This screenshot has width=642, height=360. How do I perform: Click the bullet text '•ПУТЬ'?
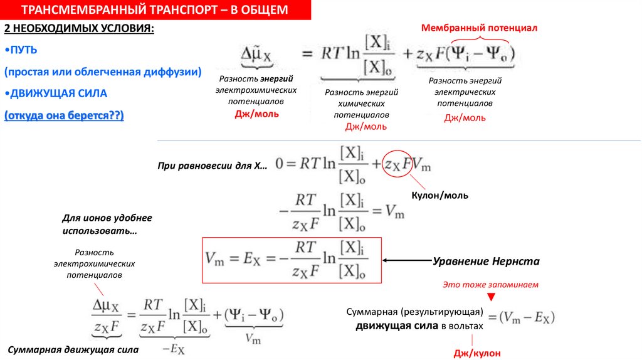pos(21,50)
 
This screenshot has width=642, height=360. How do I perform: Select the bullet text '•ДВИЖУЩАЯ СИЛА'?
pos(56,93)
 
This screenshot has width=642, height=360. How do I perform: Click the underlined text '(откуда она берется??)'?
pos(64,115)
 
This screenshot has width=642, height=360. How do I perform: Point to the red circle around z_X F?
pos(398,165)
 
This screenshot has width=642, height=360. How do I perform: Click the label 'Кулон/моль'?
pos(439,196)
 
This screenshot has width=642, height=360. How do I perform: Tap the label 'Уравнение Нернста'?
pos(486,261)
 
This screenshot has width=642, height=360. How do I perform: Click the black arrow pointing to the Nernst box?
pos(407,260)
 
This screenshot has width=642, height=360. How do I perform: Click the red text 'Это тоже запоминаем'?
pos(490,284)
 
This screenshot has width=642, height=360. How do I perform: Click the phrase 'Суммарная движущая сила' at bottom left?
pos(73,349)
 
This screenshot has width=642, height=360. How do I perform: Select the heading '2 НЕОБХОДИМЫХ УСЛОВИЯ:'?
pos(78,29)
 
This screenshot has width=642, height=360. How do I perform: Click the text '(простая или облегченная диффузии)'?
pos(103,72)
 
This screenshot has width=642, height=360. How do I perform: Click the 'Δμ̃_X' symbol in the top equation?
pos(257,55)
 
